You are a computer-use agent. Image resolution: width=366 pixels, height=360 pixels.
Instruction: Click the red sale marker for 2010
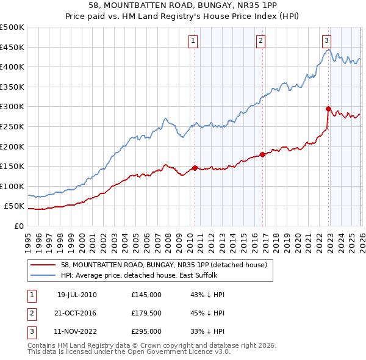tap(195, 168)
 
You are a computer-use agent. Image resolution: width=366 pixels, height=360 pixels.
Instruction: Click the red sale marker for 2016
tap(262, 154)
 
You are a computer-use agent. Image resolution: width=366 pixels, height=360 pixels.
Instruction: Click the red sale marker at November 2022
tap(328, 109)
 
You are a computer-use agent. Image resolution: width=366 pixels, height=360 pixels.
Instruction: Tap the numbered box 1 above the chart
tap(193, 41)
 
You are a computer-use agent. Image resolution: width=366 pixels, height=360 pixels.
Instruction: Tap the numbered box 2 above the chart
tap(260, 41)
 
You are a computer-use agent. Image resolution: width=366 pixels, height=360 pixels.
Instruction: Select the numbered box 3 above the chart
tap(327, 41)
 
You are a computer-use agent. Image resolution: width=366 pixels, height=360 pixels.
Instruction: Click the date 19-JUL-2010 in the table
tap(77, 295)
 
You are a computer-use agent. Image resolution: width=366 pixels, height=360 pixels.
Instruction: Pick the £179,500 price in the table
tap(146, 313)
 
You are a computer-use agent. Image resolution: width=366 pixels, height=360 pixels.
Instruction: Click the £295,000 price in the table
tap(146, 331)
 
